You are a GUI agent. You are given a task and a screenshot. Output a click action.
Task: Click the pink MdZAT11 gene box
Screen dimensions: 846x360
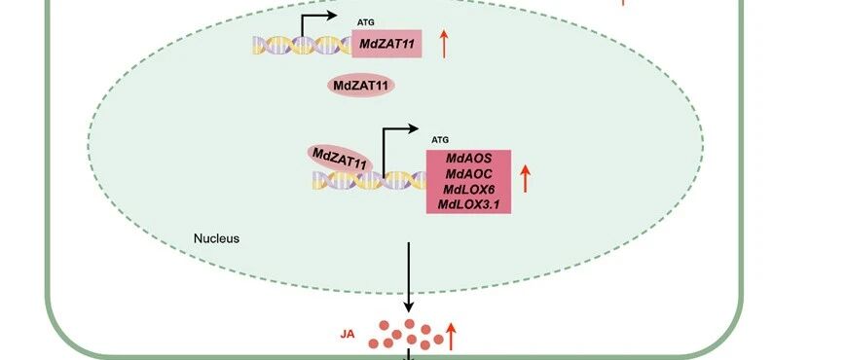(x=386, y=44)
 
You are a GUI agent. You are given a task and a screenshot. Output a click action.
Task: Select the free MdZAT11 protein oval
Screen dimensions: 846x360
(x=361, y=86)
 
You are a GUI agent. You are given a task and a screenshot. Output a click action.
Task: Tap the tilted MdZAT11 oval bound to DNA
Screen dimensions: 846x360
(x=340, y=159)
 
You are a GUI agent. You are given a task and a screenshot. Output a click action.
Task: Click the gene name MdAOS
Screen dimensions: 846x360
(x=469, y=159)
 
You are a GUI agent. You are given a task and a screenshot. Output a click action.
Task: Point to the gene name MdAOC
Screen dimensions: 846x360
(x=469, y=173)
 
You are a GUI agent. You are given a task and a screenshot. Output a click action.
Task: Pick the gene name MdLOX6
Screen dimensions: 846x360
(x=469, y=189)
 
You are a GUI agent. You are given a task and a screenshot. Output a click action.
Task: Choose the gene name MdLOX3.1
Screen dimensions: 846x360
(x=469, y=204)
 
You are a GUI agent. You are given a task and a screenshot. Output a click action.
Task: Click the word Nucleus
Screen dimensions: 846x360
(x=216, y=238)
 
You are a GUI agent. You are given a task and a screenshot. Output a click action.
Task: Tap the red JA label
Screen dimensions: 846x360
(x=348, y=334)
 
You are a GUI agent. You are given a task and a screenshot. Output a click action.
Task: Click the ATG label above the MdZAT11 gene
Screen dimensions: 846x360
(x=365, y=22)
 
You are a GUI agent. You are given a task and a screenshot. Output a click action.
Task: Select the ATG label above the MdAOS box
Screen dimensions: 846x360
(x=440, y=140)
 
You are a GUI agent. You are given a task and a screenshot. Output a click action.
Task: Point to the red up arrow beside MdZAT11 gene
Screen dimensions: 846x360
(x=444, y=44)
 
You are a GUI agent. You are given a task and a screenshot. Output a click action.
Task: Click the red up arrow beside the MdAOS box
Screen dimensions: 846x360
(x=525, y=179)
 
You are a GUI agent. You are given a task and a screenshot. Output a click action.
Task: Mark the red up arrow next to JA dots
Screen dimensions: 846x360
(x=451, y=337)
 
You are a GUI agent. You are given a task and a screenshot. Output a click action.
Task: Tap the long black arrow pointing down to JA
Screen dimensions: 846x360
(x=409, y=277)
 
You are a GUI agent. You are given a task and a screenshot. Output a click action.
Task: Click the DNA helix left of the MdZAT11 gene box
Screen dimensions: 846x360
(x=302, y=46)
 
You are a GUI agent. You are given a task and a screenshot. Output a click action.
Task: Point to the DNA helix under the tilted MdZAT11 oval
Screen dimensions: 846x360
(x=369, y=180)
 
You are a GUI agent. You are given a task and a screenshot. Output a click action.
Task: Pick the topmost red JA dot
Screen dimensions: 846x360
(x=410, y=323)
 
